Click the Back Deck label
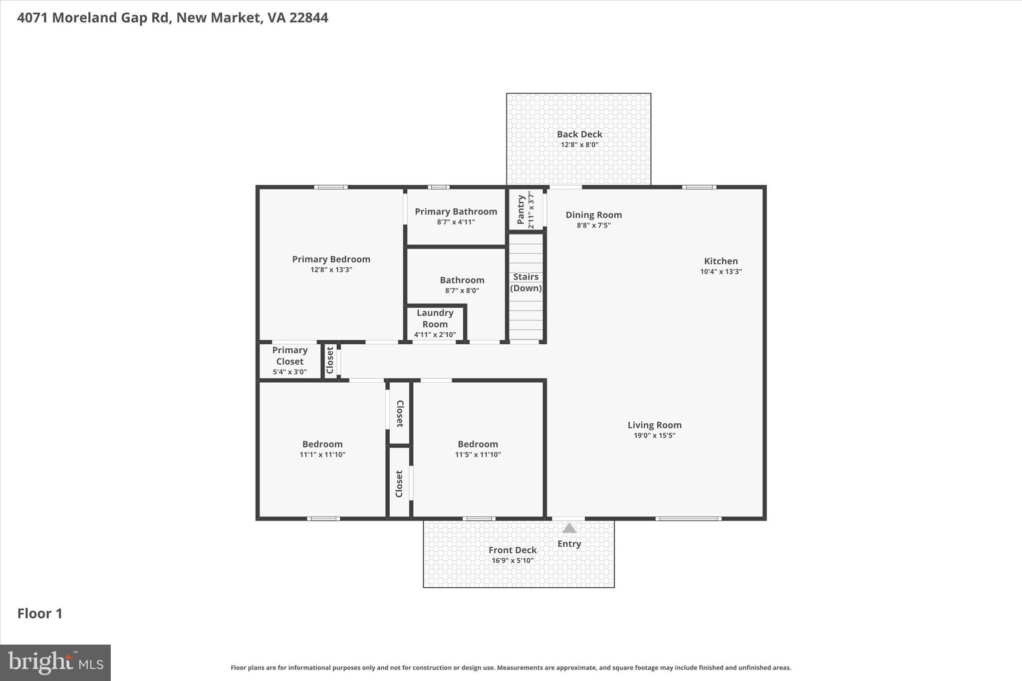pos(579,134)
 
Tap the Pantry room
pos(525,210)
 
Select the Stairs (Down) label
pos(526,282)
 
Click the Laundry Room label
pos(435,318)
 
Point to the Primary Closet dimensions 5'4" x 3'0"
pos(289,372)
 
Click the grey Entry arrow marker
pos(569,528)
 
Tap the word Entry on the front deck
pos(569,544)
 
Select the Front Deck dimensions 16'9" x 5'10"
pos(512,561)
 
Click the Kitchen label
pos(721,261)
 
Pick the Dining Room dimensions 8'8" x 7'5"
pos(593,226)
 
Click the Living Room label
pos(654,425)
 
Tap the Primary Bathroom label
pos(456,212)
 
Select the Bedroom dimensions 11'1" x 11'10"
pos(322,454)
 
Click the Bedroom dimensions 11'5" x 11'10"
pos(478,454)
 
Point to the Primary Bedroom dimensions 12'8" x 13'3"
pos(331,270)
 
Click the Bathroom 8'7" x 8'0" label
pos(462,280)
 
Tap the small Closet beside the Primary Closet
pos(330,360)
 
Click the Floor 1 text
pos(40,614)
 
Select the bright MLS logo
pos(55,663)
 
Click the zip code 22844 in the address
pos(308,18)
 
